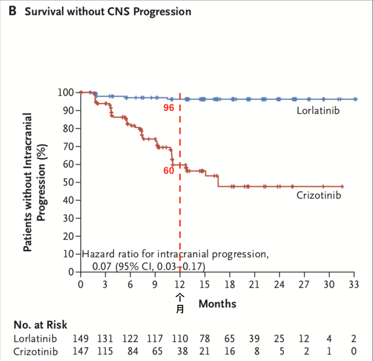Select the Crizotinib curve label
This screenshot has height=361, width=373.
(x=318, y=195)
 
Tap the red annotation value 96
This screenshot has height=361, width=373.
(x=168, y=108)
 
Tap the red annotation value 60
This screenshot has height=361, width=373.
(x=168, y=170)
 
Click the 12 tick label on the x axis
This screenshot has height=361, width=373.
(x=179, y=284)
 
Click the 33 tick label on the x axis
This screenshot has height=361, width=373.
(x=354, y=284)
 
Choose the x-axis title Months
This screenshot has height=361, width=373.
(x=217, y=303)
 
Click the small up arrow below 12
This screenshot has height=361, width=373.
(x=180, y=298)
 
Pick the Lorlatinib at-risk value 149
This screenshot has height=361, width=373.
(x=81, y=339)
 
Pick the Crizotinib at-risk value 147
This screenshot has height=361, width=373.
(x=81, y=352)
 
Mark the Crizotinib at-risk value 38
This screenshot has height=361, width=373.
(x=179, y=352)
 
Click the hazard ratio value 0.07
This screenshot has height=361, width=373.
(x=102, y=265)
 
